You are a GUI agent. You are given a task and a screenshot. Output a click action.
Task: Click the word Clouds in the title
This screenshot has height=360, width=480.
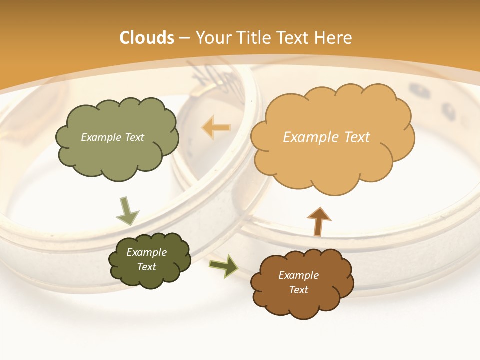coord(147,38)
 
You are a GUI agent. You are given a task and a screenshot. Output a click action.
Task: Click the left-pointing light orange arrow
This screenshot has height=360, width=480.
coord(216,127)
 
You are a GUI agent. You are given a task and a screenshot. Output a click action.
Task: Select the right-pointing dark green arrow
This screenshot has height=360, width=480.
coord(223,266)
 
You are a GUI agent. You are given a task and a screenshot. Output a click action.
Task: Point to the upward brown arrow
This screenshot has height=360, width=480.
coord(318,221)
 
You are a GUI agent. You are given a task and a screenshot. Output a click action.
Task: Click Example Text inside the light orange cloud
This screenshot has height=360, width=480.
coord(326,137)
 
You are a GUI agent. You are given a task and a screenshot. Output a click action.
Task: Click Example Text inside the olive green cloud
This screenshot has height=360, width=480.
coord(112,137)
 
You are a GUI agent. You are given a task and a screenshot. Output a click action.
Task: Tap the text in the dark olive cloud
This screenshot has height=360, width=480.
coord(146,259)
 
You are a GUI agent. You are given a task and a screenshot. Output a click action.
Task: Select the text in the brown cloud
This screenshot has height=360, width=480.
coord(298,282)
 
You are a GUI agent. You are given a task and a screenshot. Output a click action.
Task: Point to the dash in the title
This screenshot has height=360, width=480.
coord(184,38)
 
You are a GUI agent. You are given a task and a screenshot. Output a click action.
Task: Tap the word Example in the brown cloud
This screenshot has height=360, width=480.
coord(298,275)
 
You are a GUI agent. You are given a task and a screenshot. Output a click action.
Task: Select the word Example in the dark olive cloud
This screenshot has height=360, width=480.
coord(146,252)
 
